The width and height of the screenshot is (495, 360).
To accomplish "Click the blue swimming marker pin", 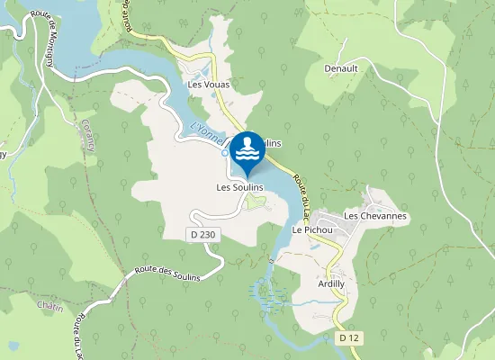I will click(247, 151).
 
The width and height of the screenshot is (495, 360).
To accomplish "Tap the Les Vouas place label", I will click(209, 85).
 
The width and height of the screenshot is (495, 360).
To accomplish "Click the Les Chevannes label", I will click(375, 216).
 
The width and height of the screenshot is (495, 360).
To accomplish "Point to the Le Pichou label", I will click(312, 229).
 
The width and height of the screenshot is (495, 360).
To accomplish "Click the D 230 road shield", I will click(204, 234).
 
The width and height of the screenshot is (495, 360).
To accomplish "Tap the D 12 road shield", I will click(349, 337).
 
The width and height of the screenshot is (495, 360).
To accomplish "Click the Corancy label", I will click(89, 134).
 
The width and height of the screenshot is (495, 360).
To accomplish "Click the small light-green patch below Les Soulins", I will click(256, 204).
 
